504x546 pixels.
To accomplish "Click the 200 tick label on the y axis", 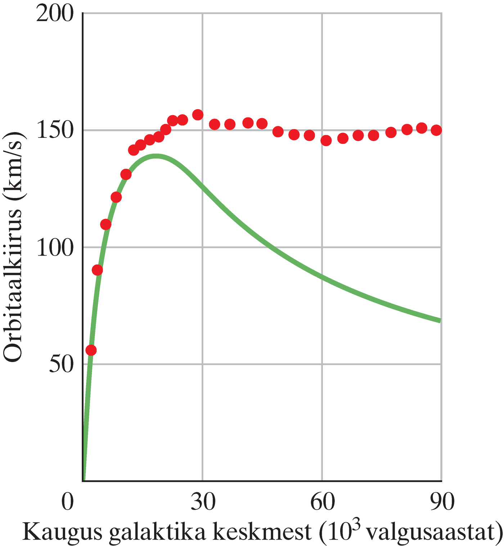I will click(x=55, y=14).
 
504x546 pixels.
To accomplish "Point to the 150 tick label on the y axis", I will click(x=55, y=130).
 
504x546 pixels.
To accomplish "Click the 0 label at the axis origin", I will click(x=68, y=501).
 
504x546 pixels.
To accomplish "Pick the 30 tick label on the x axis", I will click(x=203, y=501).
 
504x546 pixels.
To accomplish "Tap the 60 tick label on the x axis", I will click(x=322, y=501).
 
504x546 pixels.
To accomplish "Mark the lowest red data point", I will click(x=91, y=350).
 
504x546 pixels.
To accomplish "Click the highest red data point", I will click(x=198, y=115).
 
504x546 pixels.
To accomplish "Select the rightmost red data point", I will click(x=436, y=130).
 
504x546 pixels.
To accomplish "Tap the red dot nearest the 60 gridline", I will click(x=326, y=140).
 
